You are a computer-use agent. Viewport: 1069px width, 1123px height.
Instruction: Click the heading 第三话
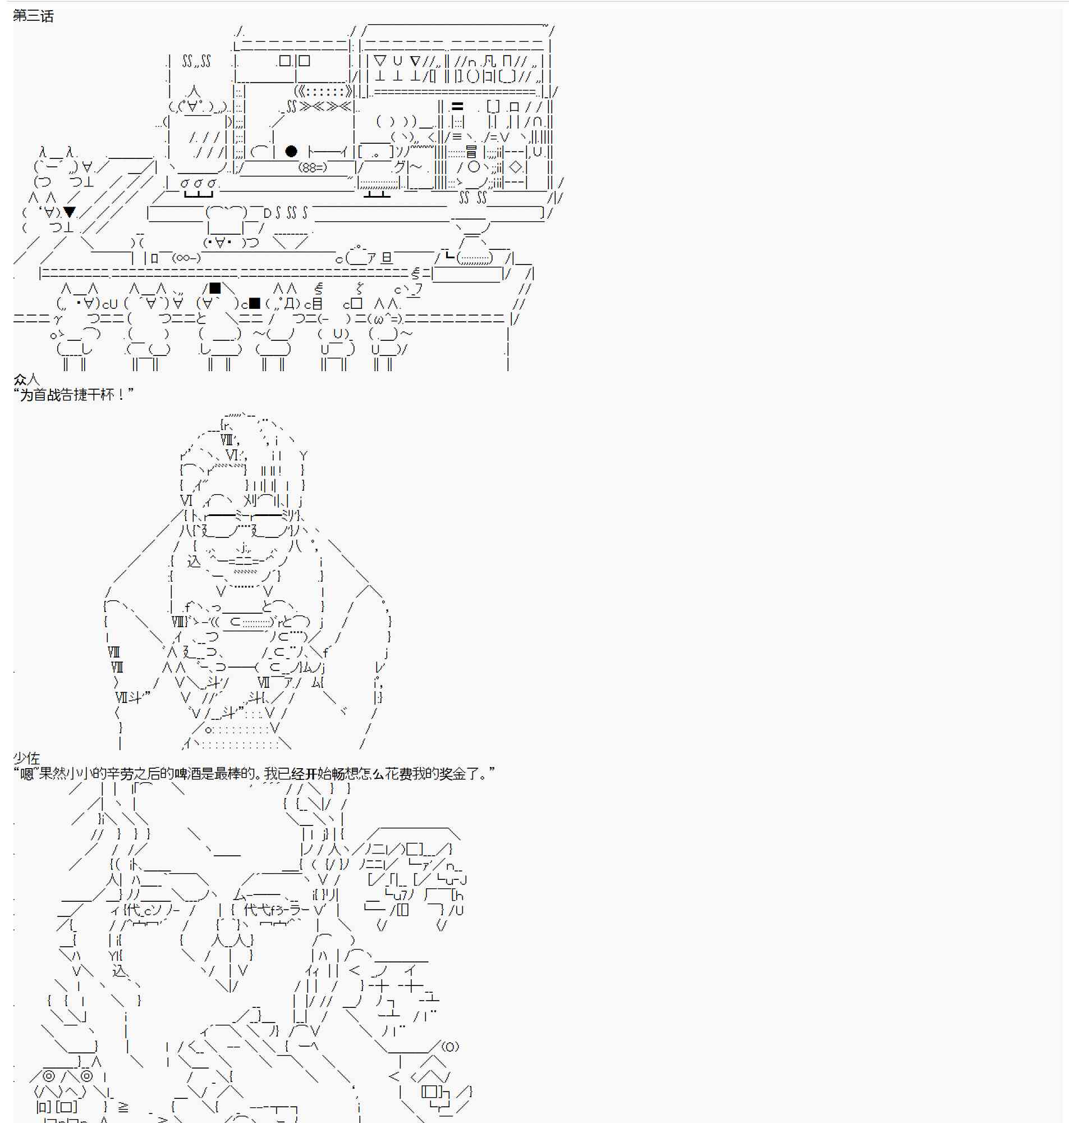(x=33, y=16)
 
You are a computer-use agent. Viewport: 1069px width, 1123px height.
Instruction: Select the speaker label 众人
(x=26, y=379)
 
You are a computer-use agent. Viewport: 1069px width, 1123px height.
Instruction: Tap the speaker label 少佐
(x=26, y=757)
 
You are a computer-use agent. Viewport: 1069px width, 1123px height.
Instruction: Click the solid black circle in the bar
(x=291, y=151)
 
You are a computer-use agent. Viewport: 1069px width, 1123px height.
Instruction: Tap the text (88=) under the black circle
(x=313, y=167)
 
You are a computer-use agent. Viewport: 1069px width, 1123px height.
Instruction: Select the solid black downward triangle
(x=70, y=212)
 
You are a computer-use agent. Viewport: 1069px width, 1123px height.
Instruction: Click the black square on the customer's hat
(x=215, y=289)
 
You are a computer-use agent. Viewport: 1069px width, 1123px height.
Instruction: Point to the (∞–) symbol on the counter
(x=186, y=258)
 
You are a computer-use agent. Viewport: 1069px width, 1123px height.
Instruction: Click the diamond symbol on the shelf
(x=515, y=167)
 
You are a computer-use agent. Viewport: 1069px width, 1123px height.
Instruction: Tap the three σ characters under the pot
(x=198, y=183)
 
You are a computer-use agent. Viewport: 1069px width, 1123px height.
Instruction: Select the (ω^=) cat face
(x=385, y=319)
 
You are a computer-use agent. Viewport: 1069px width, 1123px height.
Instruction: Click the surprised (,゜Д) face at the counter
(x=283, y=304)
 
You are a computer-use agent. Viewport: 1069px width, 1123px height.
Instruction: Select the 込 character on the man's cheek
(x=194, y=561)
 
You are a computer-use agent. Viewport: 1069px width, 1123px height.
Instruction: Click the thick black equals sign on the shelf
(x=457, y=107)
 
